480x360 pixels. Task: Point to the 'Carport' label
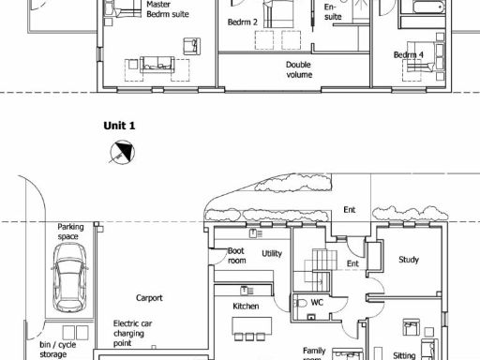click(x=148, y=298)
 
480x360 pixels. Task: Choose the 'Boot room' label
click(x=237, y=255)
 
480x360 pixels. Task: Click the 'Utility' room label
click(x=273, y=254)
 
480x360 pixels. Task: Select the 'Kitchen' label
click(x=246, y=306)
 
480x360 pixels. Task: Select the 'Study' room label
click(x=408, y=260)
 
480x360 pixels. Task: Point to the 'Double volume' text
click(x=299, y=70)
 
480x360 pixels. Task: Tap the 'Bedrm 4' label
click(x=409, y=55)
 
